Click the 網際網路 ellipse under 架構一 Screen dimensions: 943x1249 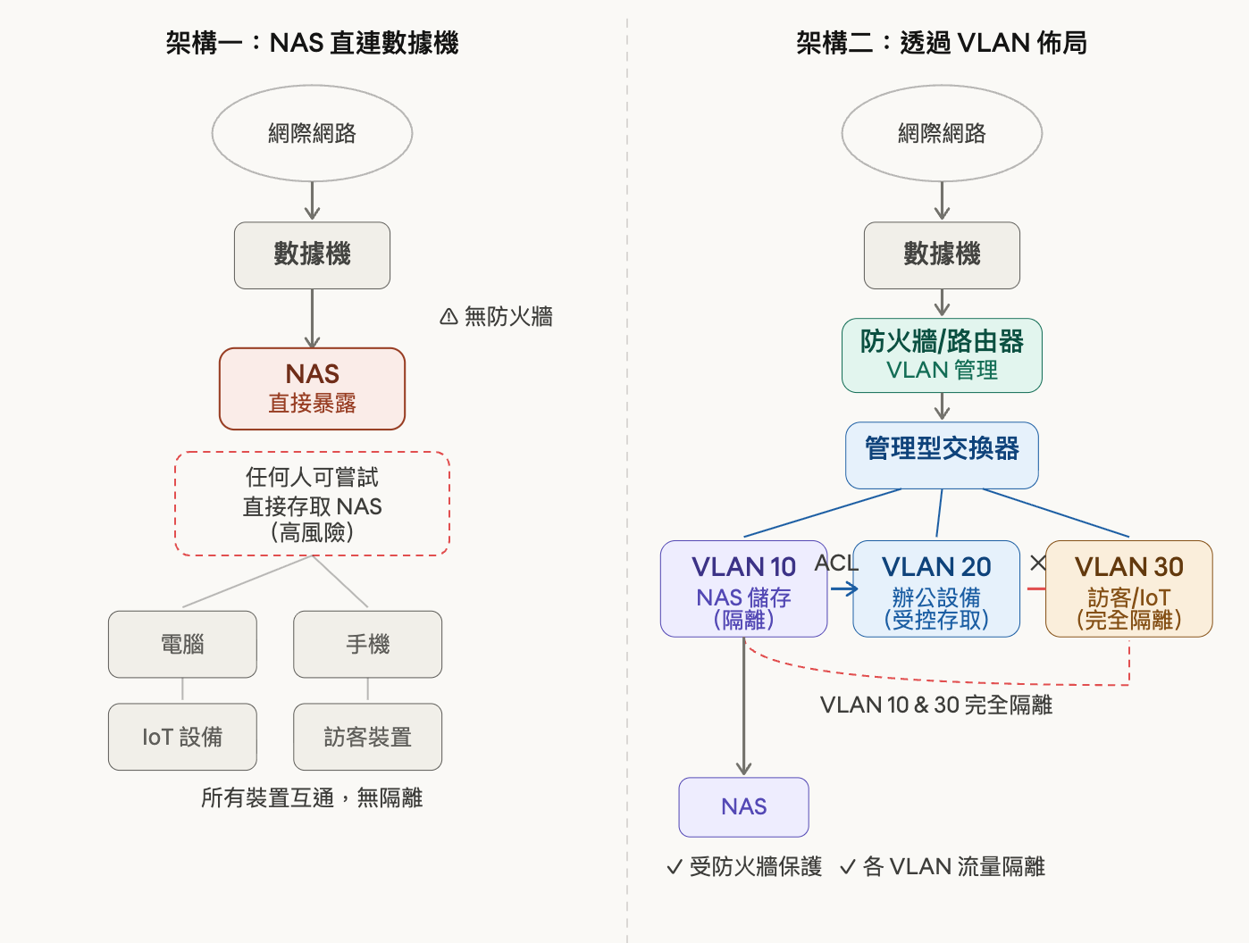[x=312, y=134]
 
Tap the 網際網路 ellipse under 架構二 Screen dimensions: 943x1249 [x=942, y=134]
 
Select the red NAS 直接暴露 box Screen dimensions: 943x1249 [x=312, y=388]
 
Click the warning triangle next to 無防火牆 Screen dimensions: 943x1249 [x=448, y=317]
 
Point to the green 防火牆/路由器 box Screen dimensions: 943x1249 [x=942, y=355]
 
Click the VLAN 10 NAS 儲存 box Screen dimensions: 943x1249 [x=743, y=588]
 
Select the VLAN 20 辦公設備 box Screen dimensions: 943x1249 [x=936, y=588]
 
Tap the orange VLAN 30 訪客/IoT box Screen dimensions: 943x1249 [x=1128, y=588]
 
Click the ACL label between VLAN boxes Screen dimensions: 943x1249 [x=836, y=563]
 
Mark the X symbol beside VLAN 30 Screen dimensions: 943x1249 [x=1037, y=563]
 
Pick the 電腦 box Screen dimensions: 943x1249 [x=182, y=644]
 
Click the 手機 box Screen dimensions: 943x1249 [x=367, y=644]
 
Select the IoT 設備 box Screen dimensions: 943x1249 [x=182, y=737]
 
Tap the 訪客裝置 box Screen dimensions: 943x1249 [x=367, y=737]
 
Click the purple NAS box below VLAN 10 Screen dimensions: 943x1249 [x=743, y=807]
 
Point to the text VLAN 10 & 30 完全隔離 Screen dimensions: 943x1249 [x=935, y=705]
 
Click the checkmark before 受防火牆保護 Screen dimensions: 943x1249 [x=675, y=868]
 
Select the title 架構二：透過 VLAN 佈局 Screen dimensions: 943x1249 [x=942, y=43]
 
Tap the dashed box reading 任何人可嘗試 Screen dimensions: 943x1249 [x=312, y=504]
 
